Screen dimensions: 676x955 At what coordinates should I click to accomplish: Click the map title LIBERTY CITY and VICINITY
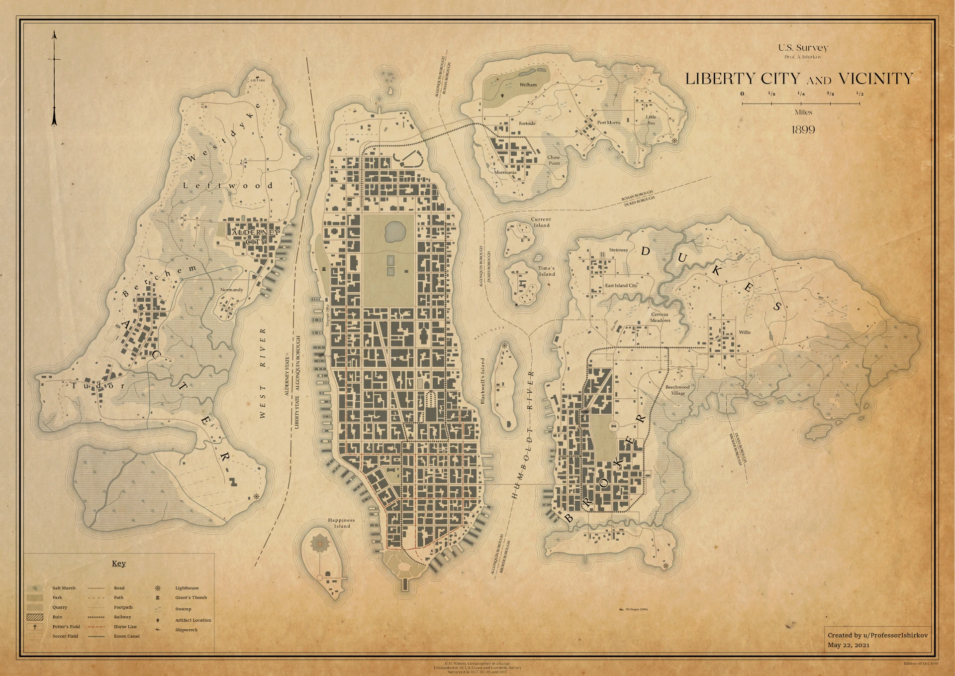coord(799,79)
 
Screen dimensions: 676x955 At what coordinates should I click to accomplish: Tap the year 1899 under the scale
coord(803,130)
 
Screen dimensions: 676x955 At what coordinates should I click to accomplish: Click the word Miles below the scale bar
coord(803,113)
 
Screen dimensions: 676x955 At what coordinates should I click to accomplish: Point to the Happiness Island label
coord(342,523)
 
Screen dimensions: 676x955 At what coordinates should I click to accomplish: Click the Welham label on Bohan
coord(528,85)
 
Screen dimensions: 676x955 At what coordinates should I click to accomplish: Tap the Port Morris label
coord(609,122)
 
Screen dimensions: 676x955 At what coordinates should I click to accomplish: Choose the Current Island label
coord(541,222)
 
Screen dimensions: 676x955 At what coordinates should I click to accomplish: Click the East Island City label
coord(621,286)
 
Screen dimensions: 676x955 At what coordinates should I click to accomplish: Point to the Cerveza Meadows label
coord(660,318)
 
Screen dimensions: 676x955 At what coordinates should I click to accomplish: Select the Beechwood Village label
coord(677,390)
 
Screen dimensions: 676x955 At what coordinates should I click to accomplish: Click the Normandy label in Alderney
coord(232,290)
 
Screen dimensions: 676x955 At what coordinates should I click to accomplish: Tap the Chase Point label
coord(554,160)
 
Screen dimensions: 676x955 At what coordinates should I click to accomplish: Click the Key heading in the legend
coord(118,563)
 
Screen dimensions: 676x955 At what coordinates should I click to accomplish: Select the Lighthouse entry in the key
coord(187,588)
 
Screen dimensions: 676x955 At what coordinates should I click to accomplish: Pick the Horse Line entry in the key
coord(125,627)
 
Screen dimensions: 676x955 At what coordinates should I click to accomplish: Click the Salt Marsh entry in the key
coord(64,588)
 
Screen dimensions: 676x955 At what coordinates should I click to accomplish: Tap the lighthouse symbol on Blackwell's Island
coord(504,345)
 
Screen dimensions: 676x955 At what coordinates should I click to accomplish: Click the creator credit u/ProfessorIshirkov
coord(877,635)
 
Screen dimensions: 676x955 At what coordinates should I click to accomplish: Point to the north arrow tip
coord(54,32)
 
